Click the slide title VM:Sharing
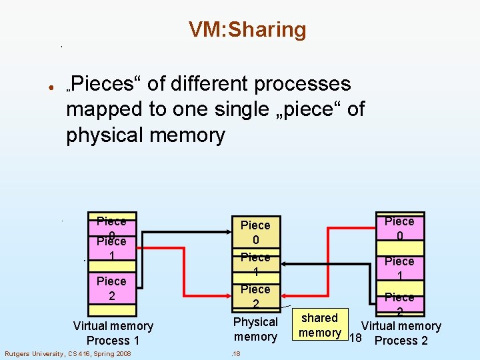(247, 30)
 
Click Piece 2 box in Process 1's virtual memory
(111, 288)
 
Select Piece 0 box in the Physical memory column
(255, 233)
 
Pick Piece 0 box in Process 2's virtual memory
(399, 229)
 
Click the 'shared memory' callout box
(320, 325)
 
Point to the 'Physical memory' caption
(255, 329)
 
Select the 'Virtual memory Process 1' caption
(113, 333)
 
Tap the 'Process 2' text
(401, 341)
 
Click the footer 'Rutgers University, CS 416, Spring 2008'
(68, 353)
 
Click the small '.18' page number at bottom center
(237, 353)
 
